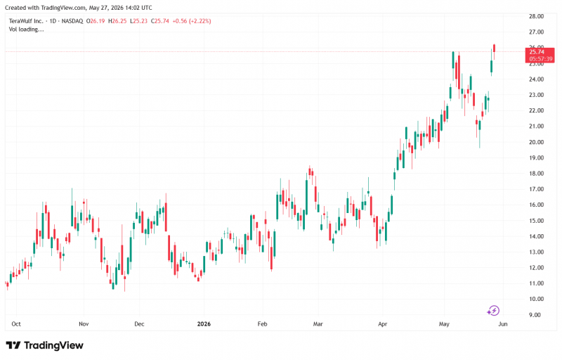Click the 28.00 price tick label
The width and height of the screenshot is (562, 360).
(x=536, y=16)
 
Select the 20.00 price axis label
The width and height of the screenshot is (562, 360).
(x=536, y=142)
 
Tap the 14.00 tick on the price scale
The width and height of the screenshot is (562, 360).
(x=536, y=236)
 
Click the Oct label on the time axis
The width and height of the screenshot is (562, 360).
(x=16, y=323)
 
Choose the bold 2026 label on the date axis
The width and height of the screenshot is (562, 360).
(x=204, y=323)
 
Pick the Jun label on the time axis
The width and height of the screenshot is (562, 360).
(x=503, y=323)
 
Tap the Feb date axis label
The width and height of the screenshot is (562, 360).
(x=262, y=323)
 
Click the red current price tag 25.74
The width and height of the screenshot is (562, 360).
(x=537, y=52)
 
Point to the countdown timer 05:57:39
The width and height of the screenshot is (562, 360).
(x=541, y=59)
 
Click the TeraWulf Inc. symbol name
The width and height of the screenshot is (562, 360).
(x=26, y=21)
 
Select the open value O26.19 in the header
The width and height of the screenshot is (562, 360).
(x=96, y=21)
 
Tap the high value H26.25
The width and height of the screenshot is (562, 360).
(x=117, y=21)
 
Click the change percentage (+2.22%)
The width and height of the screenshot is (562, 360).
(x=200, y=21)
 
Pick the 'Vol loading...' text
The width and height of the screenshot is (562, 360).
(x=26, y=30)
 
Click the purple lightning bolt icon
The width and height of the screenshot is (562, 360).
(x=493, y=311)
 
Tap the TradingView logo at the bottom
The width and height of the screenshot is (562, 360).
(x=44, y=345)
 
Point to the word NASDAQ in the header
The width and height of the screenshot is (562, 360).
(x=72, y=21)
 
